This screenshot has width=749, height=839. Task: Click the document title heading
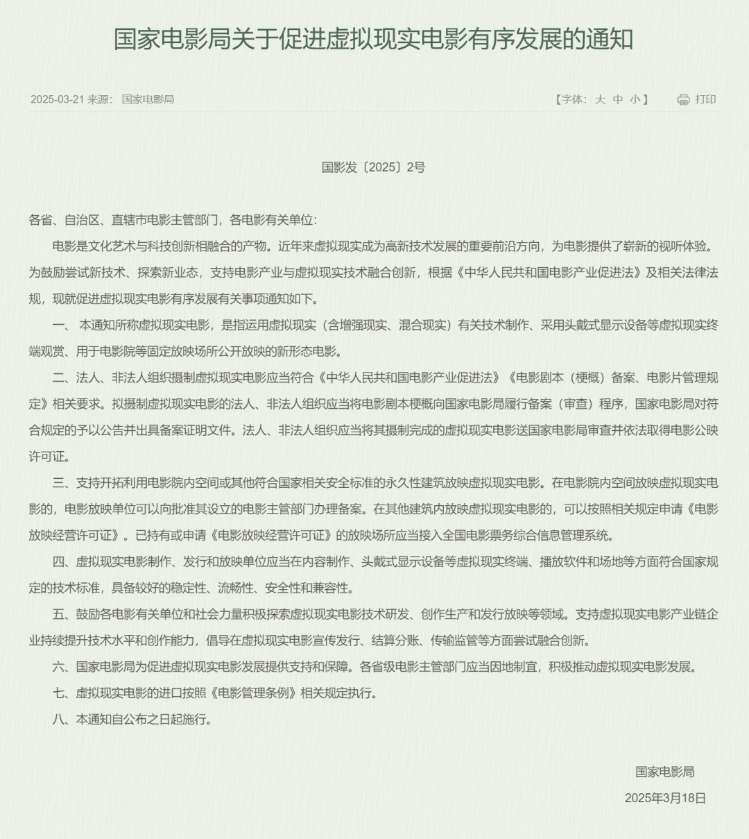[374, 40]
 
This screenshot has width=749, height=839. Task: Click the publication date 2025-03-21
[58, 99]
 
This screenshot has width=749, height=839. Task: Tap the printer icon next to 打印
[683, 99]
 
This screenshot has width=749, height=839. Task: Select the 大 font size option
[600, 99]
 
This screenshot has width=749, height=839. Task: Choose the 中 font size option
[617, 99]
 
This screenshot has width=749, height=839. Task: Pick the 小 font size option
[635, 99]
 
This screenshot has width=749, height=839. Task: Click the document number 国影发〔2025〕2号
[373, 167]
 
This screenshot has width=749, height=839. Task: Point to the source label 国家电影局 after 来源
[148, 99]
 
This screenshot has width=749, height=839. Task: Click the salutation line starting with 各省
[172, 220]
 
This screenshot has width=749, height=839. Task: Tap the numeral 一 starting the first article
[58, 325]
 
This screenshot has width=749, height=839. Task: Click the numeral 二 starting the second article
[58, 378]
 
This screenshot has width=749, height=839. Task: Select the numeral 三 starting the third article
[58, 482]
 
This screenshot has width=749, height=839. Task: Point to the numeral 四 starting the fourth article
[58, 561]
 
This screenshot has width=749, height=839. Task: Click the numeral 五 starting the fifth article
[58, 614]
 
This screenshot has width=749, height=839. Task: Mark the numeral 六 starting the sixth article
[58, 667]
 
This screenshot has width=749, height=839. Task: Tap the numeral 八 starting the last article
[58, 720]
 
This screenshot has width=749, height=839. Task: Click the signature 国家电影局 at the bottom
[664, 772]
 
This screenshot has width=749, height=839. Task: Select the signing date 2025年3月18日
[665, 798]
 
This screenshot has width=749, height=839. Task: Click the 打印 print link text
[705, 99]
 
